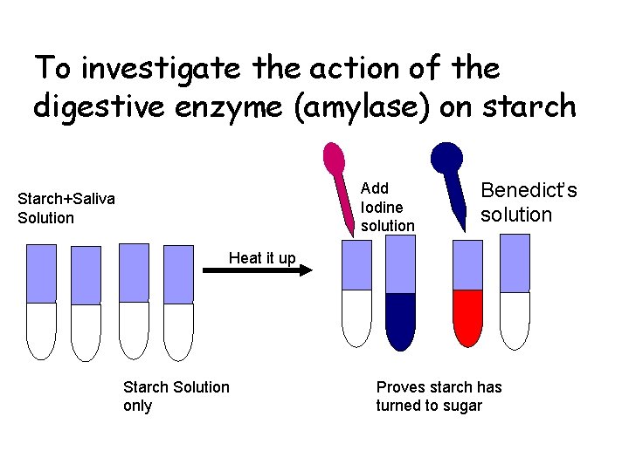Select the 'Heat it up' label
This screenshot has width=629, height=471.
(x=262, y=257)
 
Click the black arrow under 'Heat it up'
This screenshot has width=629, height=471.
(x=257, y=272)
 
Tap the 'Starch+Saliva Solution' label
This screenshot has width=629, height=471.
(x=66, y=208)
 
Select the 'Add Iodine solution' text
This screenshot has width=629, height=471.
(x=387, y=207)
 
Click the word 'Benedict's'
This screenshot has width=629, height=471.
(x=529, y=191)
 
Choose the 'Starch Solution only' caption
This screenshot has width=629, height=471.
(x=176, y=396)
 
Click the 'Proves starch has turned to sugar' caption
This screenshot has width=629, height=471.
(x=439, y=396)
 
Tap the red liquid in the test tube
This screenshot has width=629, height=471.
(x=468, y=316)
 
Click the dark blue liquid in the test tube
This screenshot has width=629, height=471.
(x=401, y=318)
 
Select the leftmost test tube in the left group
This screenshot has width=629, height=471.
(x=41, y=301)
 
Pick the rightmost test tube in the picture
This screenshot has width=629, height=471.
(x=515, y=292)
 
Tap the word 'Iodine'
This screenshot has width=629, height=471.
(x=382, y=207)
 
